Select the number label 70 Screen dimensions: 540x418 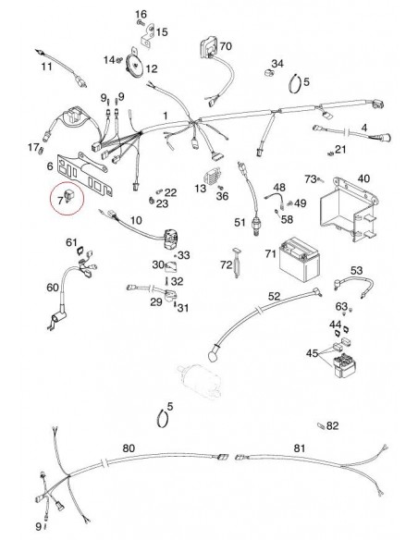click(x=226, y=45)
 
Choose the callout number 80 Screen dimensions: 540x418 click(x=129, y=448)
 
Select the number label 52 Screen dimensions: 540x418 click(x=273, y=296)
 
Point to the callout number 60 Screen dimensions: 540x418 click(x=52, y=288)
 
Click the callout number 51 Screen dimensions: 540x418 click(x=239, y=223)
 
